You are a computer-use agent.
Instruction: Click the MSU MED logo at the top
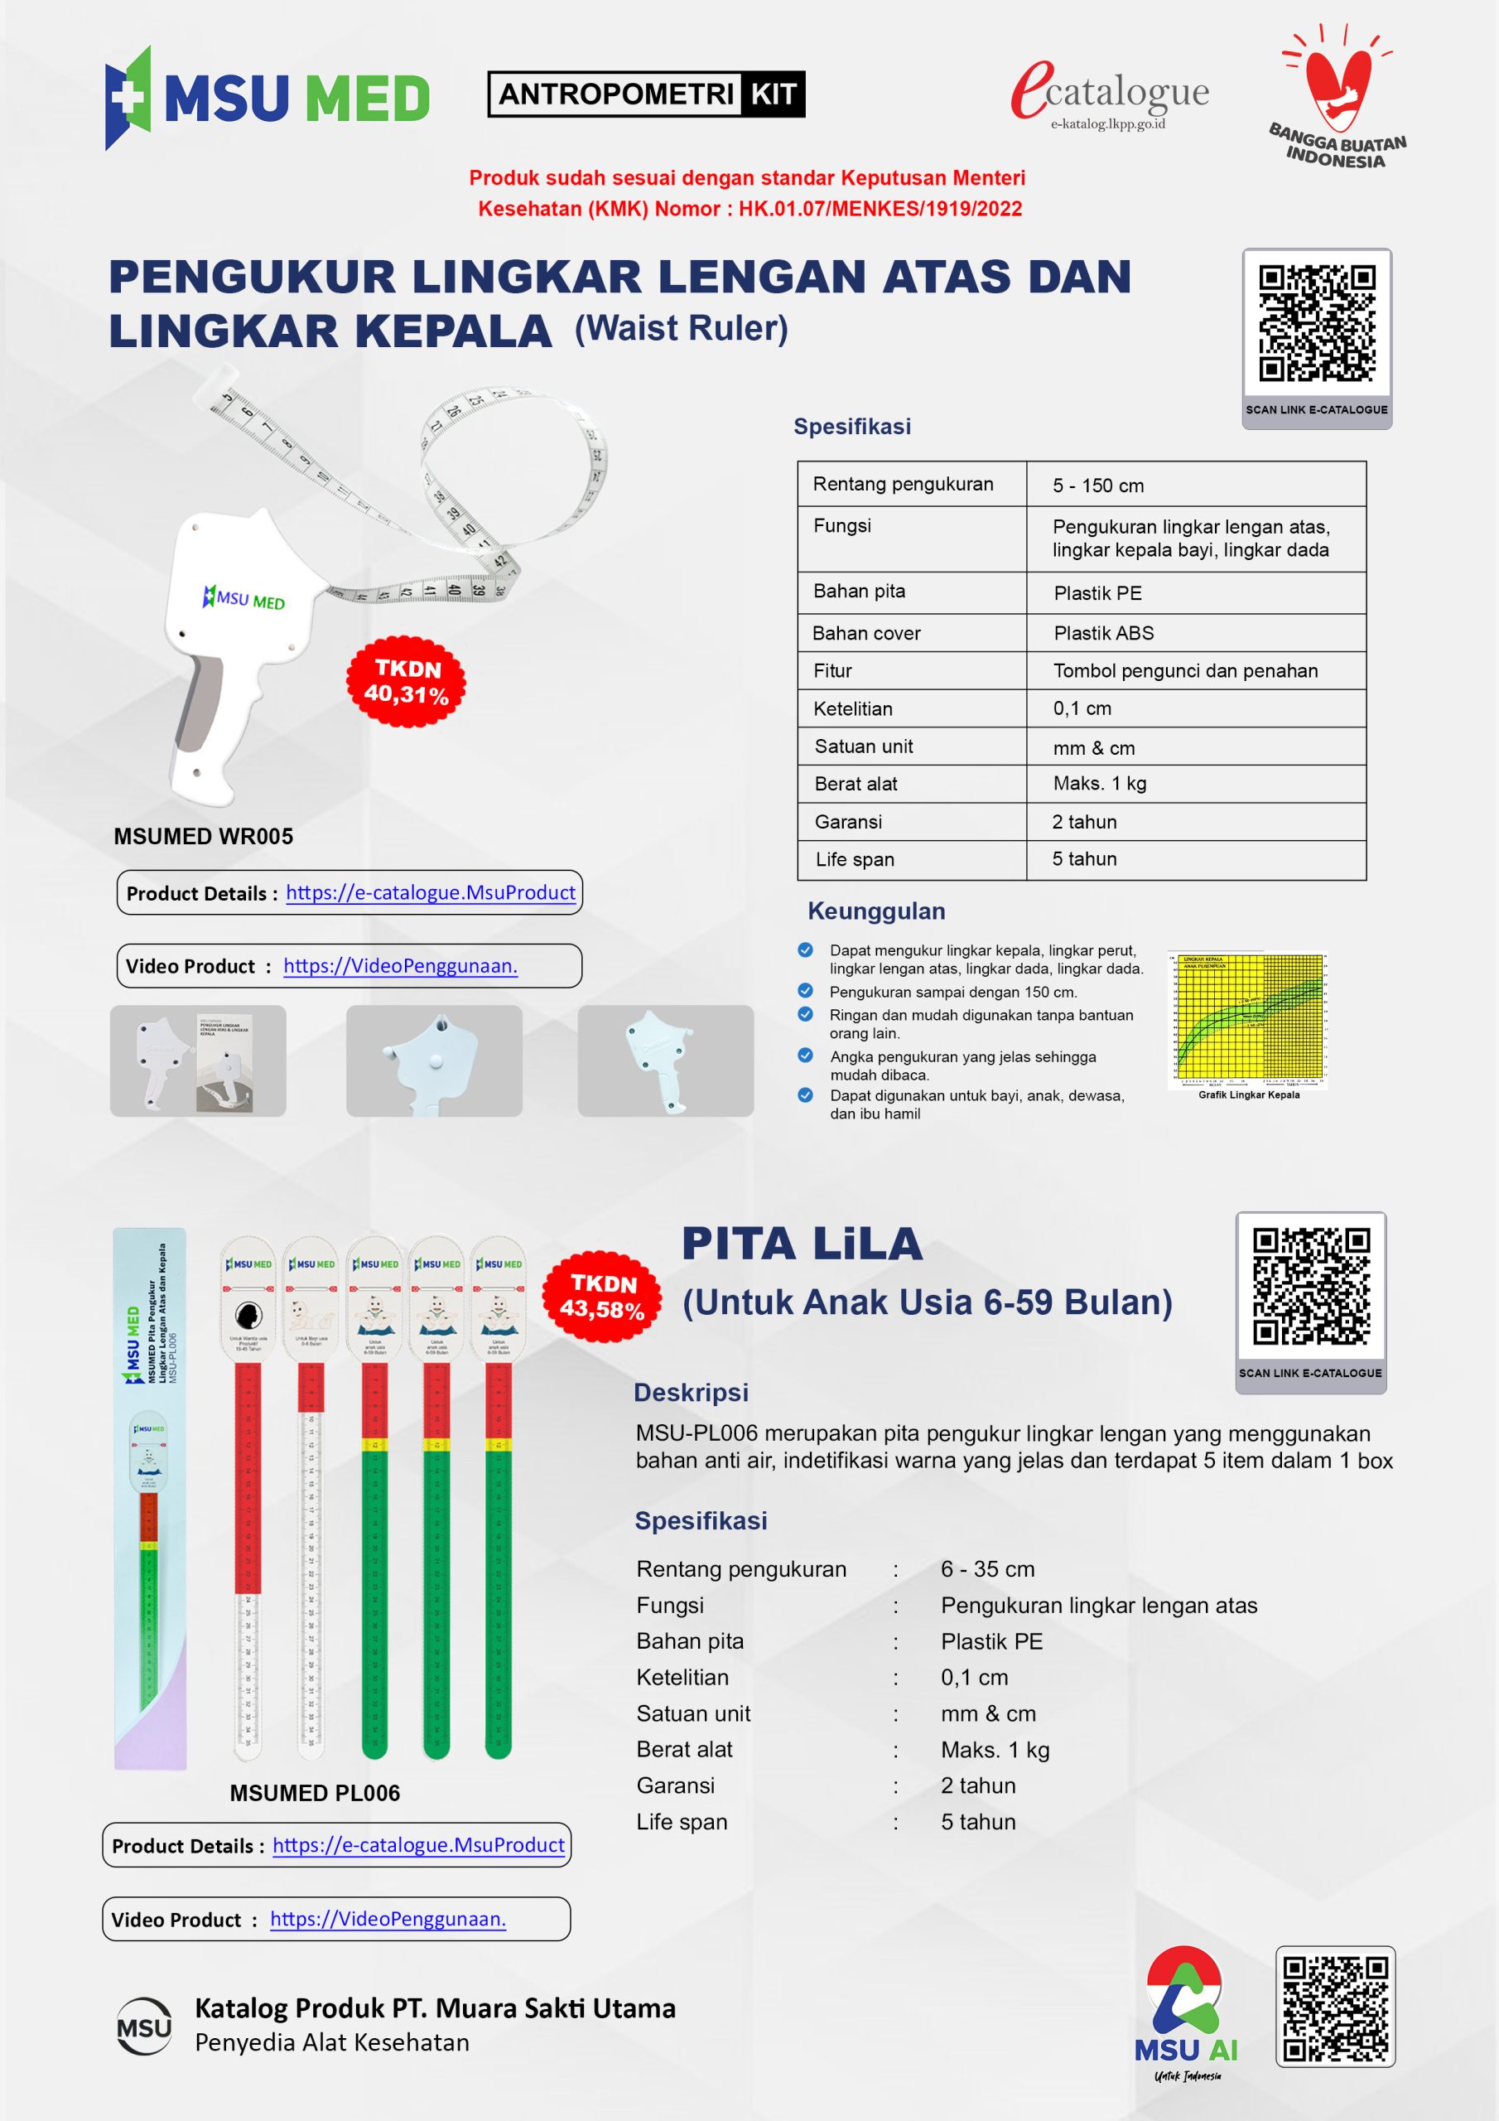[x=267, y=98]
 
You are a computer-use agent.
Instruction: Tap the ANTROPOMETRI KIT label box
[x=646, y=94]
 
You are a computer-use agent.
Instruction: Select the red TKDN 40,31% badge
[x=407, y=682]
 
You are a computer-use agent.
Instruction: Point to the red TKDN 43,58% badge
[x=603, y=1296]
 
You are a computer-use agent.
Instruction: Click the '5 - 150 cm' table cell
[x=1098, y=486]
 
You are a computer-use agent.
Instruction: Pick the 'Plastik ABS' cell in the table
[x=1104, y=634]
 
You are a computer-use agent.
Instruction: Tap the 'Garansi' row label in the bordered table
[x=848, y=822]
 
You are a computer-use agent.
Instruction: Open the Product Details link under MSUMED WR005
[x=431, y=892]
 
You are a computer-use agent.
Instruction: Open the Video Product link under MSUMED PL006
[x=388, y=1919]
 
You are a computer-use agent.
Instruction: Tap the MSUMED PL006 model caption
[x=315, y=1793]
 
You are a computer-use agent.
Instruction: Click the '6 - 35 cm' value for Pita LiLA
[x=987, y=1569]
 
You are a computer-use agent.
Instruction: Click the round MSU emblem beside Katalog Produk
[x=144, y=2027]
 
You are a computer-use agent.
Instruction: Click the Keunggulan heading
[x=876, y=911]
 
